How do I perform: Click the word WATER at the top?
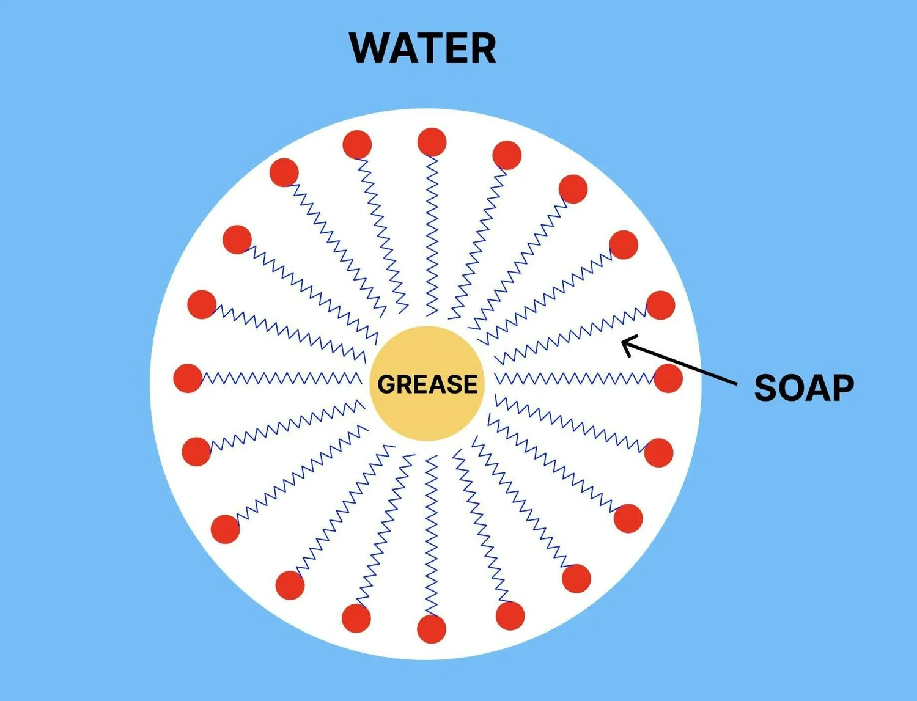coord(422,48)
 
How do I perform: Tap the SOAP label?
coord(803,388)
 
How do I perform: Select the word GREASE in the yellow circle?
coord(427,384)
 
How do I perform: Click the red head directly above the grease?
coord(432,142)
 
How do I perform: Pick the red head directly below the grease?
coord(432,629)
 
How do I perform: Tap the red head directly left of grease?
coord(188,378)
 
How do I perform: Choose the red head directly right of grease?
coord(668,378)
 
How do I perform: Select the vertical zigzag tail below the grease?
coord(432,535)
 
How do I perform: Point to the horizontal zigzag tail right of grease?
coord(575,379)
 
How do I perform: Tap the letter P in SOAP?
coord(841,388)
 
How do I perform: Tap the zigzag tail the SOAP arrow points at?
coord(575,335)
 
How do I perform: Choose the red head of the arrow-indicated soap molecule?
coord(661,305)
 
